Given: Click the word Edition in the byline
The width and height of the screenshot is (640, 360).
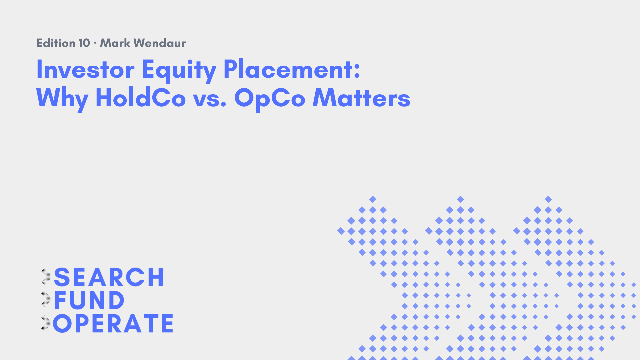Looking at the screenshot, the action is point(56,43).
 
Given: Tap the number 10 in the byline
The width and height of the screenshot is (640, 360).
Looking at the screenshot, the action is point(84,43).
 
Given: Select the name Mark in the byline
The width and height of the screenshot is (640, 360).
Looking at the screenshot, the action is point(115,43).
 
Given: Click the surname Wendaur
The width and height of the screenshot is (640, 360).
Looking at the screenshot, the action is point(160,43).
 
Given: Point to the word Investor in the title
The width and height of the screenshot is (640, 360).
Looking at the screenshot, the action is point(85,69).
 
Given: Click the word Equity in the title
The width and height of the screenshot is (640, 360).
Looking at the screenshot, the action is point(179,71).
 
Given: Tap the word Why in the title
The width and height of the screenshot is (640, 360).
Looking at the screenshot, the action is point(62,99).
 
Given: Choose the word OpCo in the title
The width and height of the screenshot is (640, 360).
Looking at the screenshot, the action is point(270,99).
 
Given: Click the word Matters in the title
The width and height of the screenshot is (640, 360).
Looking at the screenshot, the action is point(361,98).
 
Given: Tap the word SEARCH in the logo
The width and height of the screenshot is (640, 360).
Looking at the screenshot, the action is point(109,277).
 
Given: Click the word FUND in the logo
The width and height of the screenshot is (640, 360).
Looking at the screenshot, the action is point(89,300).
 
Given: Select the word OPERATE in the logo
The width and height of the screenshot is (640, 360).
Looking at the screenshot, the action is point(113,323).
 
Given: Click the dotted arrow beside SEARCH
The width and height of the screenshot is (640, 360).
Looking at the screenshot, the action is point(47,277).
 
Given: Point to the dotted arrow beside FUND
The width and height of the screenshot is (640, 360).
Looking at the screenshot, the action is point(47,299).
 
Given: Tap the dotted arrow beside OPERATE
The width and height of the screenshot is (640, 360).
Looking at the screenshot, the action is point(47,323).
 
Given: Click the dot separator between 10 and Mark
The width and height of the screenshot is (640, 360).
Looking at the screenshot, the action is point(95,43).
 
